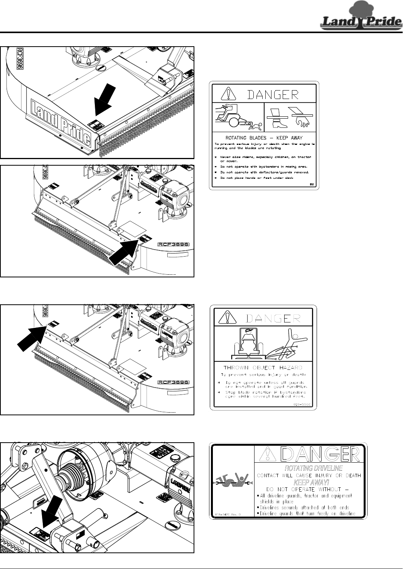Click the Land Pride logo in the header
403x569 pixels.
click(361, 17)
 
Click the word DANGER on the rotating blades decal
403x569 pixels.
click(272, 94)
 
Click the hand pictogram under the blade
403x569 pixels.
click(302, 122)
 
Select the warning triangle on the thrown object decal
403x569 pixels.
click(228, 317)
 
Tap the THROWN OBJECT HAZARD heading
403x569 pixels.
click(263, 368)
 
